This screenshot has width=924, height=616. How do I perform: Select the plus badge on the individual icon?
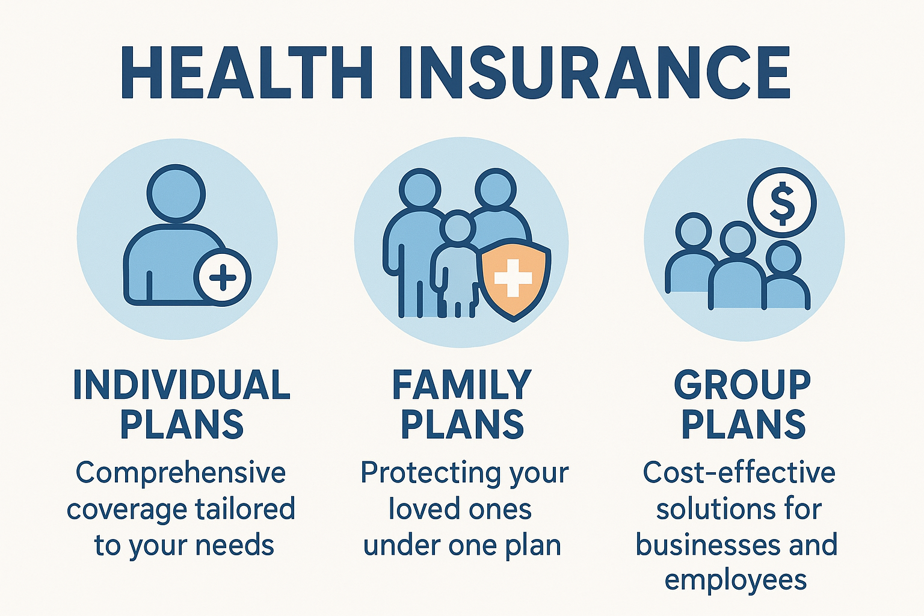point(222,278)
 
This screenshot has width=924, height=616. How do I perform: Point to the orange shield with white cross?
point(513,279)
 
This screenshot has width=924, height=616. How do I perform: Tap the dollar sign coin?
point(782,202)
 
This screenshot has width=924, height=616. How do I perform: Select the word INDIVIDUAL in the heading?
point(182,385)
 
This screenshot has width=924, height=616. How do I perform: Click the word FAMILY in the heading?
point(461,385)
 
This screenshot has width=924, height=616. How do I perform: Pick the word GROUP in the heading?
point(742,385)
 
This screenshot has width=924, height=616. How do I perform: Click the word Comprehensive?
point(180,473)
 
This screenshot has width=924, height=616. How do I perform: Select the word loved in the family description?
point(415,509)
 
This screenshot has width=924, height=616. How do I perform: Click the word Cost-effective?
point(739,473)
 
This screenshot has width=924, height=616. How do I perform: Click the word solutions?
point(707,509)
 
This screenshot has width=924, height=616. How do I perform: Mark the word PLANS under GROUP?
point(744,424)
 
